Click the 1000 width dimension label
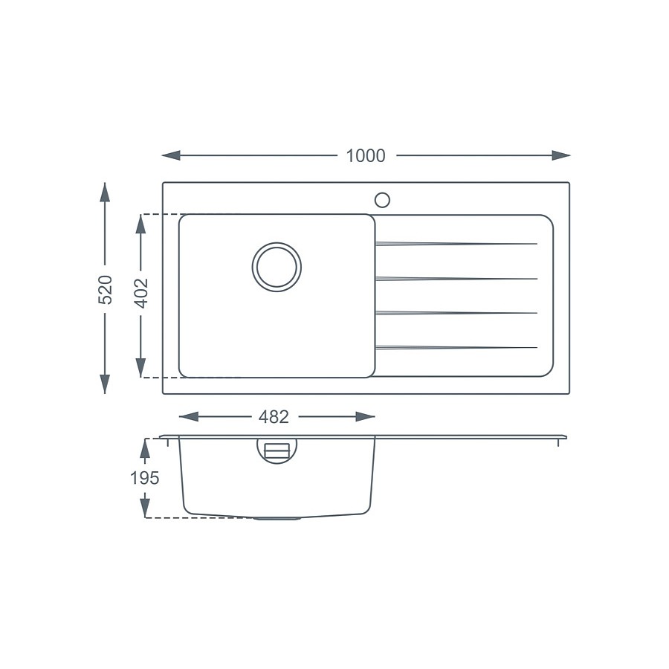366,156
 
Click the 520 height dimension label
106,289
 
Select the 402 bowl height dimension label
141,293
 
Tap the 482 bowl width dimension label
274,418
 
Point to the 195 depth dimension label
144,478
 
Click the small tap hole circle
382,199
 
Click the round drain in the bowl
277,266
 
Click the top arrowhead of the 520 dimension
105,193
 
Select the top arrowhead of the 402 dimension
140,224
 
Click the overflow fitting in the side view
277,450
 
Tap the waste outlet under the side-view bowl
277,517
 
